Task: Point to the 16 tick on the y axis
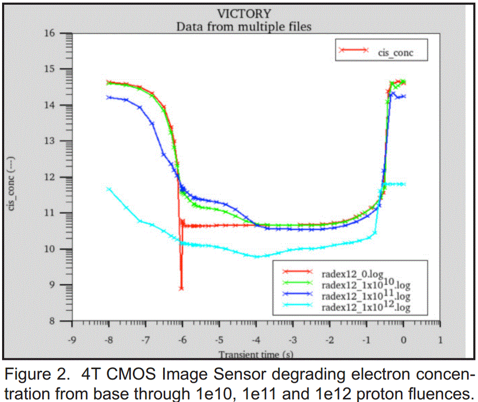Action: [51, 33]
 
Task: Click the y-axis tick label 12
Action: [51, 177]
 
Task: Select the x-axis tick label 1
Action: [440, 339]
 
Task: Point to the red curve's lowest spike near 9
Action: [181, 288]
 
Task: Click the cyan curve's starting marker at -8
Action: [109, 189]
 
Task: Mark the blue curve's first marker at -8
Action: [109, 97]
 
